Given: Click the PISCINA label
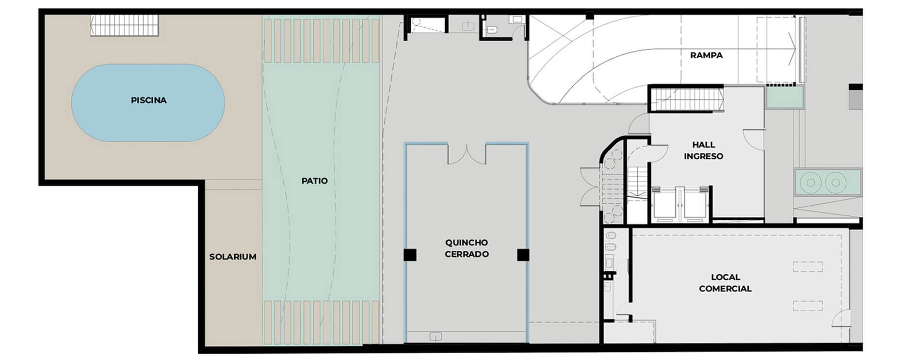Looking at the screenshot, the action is (x=148, y=100).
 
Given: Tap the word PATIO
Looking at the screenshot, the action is (x=315, y=181).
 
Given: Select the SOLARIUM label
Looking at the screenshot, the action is (x=233, y=257).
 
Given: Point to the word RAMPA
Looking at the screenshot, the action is (x=706, y=55).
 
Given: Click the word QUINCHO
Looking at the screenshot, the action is (x=467, y=243).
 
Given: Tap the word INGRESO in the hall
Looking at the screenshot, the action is (x=704, y=156).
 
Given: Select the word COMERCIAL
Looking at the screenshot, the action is (x=726, y=289).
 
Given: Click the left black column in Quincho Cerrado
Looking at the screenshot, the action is (x=410, y=255).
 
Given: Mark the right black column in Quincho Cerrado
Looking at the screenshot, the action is (x=523, y=255).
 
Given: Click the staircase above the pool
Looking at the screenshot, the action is (x=125, y=25).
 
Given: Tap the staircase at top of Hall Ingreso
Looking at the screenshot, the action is (x=686, y=99).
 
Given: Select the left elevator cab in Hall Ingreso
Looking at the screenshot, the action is (x=667, y=204).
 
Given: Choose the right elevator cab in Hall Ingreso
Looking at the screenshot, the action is (x=697, y=204).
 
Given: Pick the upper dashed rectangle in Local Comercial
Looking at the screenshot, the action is (x=808, y=267).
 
